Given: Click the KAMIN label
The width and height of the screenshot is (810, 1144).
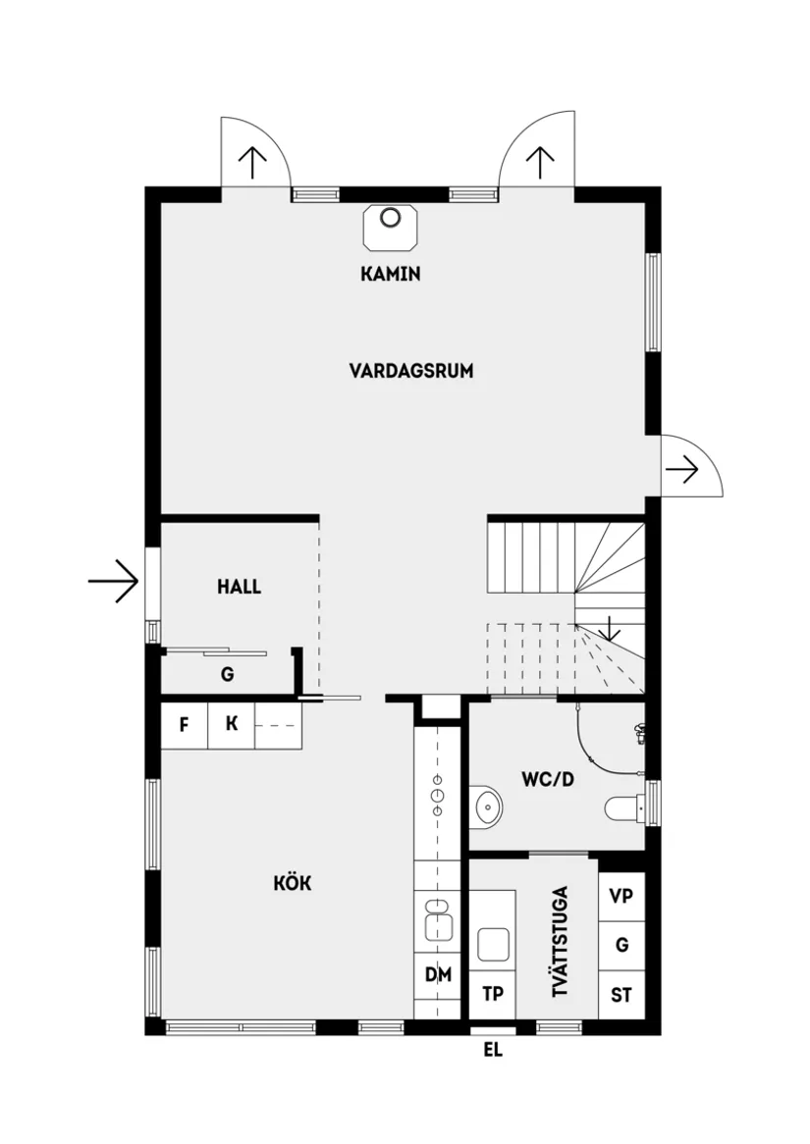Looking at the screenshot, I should pyautogui.click(x=391, y=274).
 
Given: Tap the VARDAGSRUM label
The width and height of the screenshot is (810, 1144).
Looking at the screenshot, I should pyautogui.click(x=411, y=371).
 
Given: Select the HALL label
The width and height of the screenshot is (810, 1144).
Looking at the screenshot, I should pyautogui.click(x=240, y=587).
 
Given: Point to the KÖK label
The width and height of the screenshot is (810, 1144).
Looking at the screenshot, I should pyautogui.click(x=293, y=883).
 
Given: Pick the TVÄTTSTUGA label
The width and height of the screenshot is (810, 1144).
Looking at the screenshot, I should pyautogui.click(x=561, y=942).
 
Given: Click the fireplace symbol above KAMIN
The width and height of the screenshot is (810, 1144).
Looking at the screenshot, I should pyautogui.click(x=391, y=227).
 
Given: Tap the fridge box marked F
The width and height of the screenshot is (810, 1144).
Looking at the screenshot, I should pyautogui.click(x=184, y=725).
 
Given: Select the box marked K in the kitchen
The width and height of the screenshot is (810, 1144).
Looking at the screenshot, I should pyautogui.click(x=232, y=725).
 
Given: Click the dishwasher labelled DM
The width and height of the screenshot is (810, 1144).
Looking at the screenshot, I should pyautogui.click(x=438, y=974).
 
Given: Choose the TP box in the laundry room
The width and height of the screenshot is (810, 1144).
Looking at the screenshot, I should pyautogui.click(x=493, y=994).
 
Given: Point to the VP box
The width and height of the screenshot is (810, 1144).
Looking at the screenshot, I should pyautogui.click(x=621, y=896).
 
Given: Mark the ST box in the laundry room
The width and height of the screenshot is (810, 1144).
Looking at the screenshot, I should pyautogui.click(x=621, y=995).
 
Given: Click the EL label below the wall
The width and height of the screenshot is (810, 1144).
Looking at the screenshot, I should pyautogui.click(x=493, y=1051).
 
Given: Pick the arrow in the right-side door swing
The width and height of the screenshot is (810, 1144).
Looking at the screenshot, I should pyautogui.click(x=682, y=470).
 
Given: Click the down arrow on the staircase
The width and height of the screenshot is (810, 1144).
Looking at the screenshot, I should pyautogui.click(x=610, y=628).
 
